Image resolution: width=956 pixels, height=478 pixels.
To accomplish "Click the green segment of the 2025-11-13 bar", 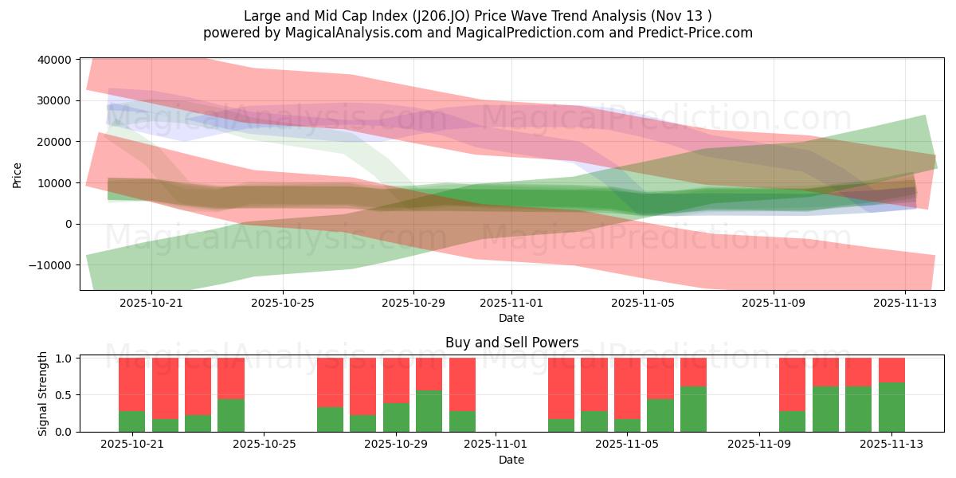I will (x=891, y=407).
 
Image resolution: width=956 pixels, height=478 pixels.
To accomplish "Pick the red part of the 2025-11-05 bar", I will (x=627, y=388).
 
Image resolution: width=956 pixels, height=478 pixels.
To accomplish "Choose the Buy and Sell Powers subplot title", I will (x=511, y=343).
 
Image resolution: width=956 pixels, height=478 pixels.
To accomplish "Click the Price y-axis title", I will (x=18, y=174).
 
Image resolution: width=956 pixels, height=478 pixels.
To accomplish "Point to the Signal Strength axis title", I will (x=43, y=394).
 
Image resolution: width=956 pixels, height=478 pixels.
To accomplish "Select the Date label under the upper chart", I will (x=511, y=318).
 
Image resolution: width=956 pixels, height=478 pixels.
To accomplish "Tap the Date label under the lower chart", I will (x=511, y=460).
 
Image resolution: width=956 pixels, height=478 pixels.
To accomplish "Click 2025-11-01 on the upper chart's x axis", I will (x=511, y=303).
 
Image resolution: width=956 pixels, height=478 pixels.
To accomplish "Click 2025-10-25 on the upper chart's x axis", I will (x=284, y=303).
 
